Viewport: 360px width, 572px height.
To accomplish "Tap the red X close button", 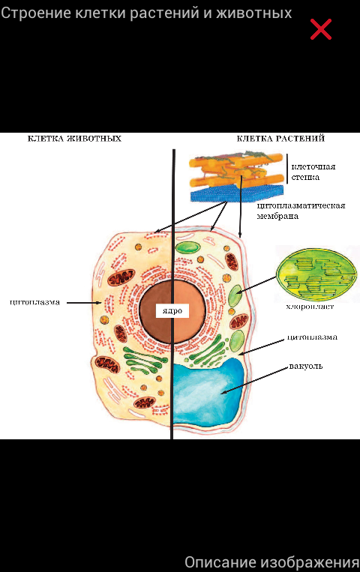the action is tap(320, 29).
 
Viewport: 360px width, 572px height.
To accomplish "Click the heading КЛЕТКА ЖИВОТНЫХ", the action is tap(74, 139).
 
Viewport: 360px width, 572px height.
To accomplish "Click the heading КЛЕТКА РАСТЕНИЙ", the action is tap(280, 139).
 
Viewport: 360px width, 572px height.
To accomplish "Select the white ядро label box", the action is tap(172, 311).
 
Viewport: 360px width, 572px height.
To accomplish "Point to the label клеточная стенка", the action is tap(313, 172).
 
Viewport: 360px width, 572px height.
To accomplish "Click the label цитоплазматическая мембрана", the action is tap(301, 211).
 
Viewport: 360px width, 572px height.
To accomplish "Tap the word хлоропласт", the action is tap(310, 307).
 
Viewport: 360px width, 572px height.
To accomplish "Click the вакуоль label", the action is tap(306, 366).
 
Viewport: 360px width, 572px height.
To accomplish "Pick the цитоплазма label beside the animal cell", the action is tap(34, 302).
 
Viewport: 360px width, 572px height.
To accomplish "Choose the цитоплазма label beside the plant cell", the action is tap(312, 337).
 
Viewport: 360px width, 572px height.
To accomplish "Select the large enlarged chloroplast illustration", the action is tap(316, 274).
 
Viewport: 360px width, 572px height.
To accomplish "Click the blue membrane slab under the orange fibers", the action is tap(237, 193).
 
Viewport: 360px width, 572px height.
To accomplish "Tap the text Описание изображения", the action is tap(272, 562).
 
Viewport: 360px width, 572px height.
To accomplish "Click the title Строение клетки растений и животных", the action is tap(146, 13).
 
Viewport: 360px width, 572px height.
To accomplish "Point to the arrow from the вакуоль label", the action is tap(254, 380).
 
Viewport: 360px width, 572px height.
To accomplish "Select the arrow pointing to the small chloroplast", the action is tap(256, 285).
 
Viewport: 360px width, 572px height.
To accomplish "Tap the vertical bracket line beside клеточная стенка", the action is tap(287, 168).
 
